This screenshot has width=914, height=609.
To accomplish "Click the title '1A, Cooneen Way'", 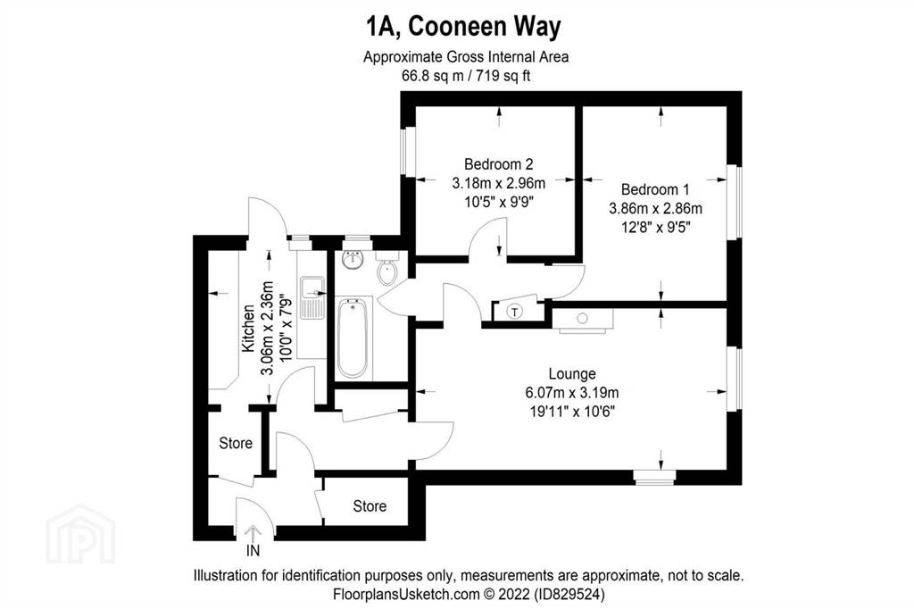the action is [x=463, y=27].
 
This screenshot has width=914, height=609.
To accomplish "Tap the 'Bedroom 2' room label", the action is [x=498, y=164].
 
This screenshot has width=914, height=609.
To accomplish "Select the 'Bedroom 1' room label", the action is [x=655, y=189].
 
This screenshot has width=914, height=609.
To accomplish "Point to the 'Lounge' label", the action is [x=572, y=373].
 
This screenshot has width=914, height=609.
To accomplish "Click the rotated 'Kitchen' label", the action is [x=248, y=328].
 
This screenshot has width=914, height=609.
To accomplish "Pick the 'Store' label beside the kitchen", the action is [x=236, y=443].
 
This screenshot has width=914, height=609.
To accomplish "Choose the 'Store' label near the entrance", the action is [x=370, y=505].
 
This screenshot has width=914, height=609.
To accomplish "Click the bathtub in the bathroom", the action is [x=353, y=338].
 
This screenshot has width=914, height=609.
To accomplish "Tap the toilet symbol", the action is [x=387, y=267].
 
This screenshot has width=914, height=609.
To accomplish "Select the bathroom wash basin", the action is [x=353, y=259].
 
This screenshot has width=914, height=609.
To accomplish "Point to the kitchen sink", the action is [x=313, y=297].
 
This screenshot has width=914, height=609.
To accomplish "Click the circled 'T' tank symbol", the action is [x=515, y=312].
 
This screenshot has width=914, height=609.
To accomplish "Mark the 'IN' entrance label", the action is [x=253, y=551].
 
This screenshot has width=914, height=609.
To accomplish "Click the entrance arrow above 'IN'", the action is [x=253, y=533].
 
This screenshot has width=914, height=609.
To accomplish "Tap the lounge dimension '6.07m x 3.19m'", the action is [x=572, y=393].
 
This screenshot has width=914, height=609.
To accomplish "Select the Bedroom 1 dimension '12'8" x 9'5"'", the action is [x=655, y=227].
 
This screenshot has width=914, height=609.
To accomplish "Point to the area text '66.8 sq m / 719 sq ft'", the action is [x=466, y=76].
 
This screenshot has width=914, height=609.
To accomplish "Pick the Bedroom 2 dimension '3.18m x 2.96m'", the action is [x=499, y=183].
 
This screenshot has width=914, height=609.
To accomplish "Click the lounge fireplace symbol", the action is [x=583, y=320].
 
